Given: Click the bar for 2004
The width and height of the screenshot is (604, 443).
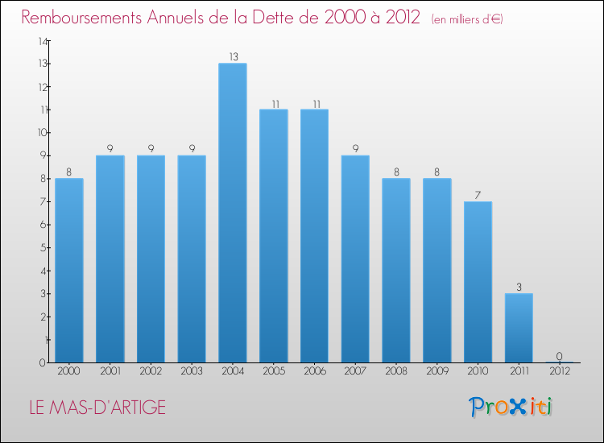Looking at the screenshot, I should click(x=233, y=213).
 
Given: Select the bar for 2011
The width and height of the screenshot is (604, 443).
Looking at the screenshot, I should click(x=519, y=328).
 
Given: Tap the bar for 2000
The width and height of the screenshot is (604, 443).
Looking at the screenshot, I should click(x=69, y=270).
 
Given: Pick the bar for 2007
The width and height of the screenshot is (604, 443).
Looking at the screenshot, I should click(x=355, y=259).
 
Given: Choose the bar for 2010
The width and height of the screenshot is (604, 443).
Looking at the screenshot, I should click(x=478, y=282).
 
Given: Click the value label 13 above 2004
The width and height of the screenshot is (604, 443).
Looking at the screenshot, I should click(x=233, y=57).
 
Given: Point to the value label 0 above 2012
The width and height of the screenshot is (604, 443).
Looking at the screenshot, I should click(x=559, y=356).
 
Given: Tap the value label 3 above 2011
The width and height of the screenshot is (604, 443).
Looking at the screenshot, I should click(x=519, y=287).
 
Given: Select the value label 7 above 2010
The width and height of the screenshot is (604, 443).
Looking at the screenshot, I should click(x=478, y=195).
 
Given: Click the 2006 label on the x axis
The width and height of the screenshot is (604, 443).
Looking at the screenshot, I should click(x=314, y=371).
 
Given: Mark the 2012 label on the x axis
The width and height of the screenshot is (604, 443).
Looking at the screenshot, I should click(x=559, y=371).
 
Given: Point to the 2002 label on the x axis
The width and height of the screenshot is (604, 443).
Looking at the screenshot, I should click(x=151, y=371).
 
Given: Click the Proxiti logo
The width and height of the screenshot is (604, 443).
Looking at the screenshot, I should click(x=511, y=407).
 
